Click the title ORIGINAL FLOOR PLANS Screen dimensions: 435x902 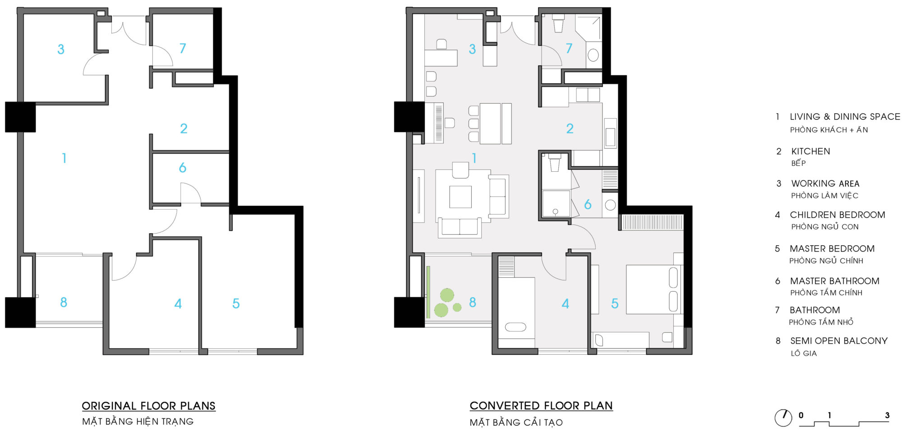pyautogui.click(x=148, y=406)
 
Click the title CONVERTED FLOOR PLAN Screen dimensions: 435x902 pyautogui.click(x=541, y=406)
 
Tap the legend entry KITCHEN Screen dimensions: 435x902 pyautogui.click(x=810, y=151)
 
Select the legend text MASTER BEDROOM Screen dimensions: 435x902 pyautogui.click(x=832, y=249)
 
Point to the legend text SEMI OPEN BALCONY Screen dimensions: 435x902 pyautogui.click(x=838, y=341)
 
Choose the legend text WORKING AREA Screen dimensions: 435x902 pyautogui.click(x=825, y=183)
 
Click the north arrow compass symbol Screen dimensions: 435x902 pyautogui.click(x=783, y=417)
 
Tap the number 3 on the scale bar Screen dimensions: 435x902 pyautogui.click(x=887, y=415)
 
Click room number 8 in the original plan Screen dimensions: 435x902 pyautogui.click(x=64, y=302)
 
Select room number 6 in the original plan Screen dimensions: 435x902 pyautogui.click(x=183, y=168)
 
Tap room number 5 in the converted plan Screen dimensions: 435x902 pyautogui.click(x=614, y=304)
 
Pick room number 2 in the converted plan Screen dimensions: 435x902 pyautogui.click(x=570, y=129)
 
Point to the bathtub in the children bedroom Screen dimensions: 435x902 pyautogui.click(x=515, y=327)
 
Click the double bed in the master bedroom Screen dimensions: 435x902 pyautogui.click(x=654, y=289)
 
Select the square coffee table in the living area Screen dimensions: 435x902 pyautogui.click(x=460, y=197)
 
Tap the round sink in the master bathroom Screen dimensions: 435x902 pyautogui.click(x=610, y=205)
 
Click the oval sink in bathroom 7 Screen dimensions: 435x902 pyautogui.click(x=593, y=55)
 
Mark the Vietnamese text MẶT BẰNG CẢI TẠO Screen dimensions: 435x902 pyautogui.click(x=516, y=422)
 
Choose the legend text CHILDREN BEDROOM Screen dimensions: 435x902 pyautogui.click(x=837, y=215)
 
